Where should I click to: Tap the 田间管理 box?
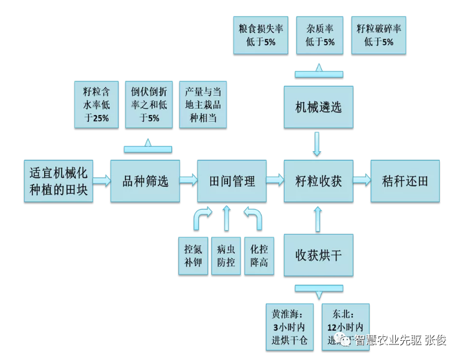pyautogui.click(x=232, y=181)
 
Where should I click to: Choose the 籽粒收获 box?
pyautogui.click(x=318, y=181)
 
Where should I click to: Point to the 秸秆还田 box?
pyautogui.click(x=404, y=181)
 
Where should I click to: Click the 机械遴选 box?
pyautogui.click(x=318, y=106)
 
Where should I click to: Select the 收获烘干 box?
pyautogui.click(x=318, y=255)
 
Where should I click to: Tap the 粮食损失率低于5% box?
pyautogui.click(x=257, y=35)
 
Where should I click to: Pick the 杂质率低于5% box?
pyautogui.click(x=320, y=35)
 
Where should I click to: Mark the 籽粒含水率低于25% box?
pyautogui.click(x=96, y=104)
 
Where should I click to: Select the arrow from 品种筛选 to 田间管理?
pyautogui.click(x=188, y=181)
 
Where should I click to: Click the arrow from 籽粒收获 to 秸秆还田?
pyautogui.click(x=361, y=181)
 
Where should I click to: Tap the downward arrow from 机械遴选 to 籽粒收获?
pyautogui.click(x=318, y=144)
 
